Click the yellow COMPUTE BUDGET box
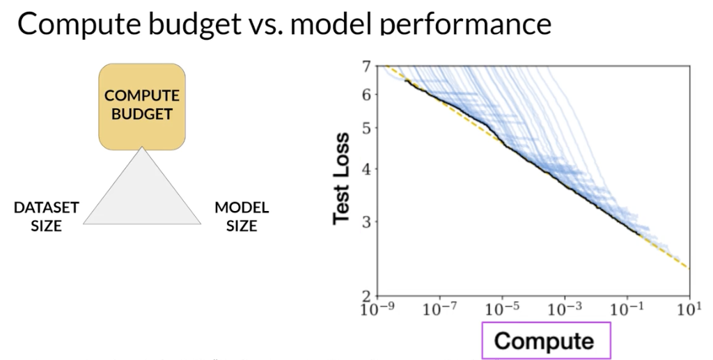[x=142, y=105]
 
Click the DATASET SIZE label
[x=47, y=217]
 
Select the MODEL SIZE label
[x=242, y=217]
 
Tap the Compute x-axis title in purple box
[x=544, y=341]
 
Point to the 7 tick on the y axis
[x=366, y=67]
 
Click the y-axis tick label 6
[x=366, y=95]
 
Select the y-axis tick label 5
[x=366, y=128]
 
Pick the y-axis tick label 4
[x=366, y=169]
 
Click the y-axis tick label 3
[x=366, y=222]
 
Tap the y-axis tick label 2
[x=366, y=297]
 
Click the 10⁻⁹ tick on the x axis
[x=377, y=308]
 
